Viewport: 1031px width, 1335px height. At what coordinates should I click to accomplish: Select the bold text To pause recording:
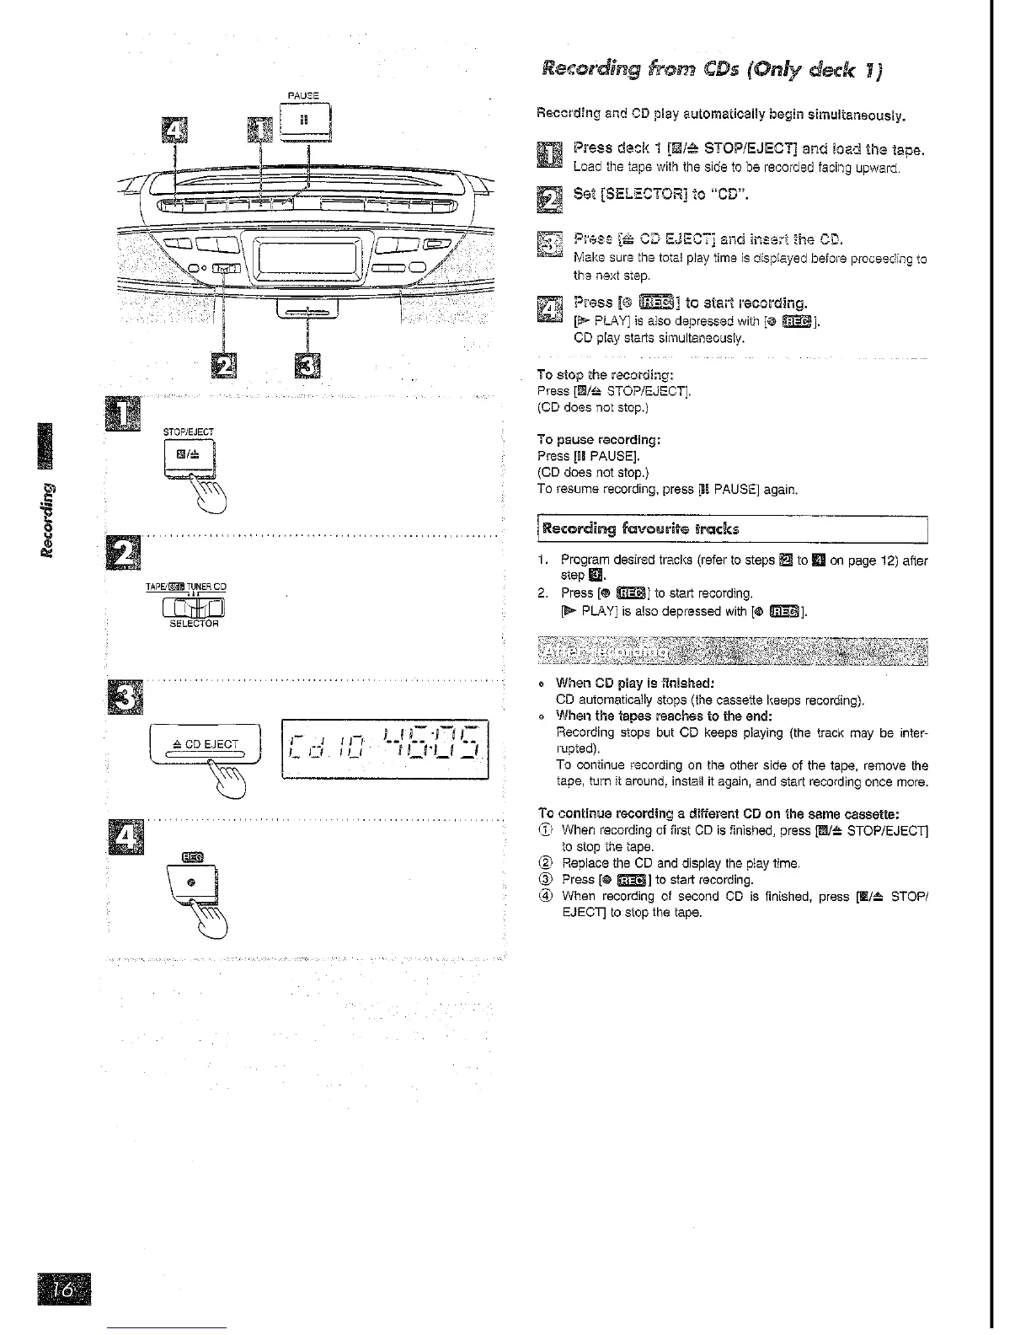[598, 440]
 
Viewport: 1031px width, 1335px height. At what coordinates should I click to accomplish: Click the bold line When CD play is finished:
[635, 684]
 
